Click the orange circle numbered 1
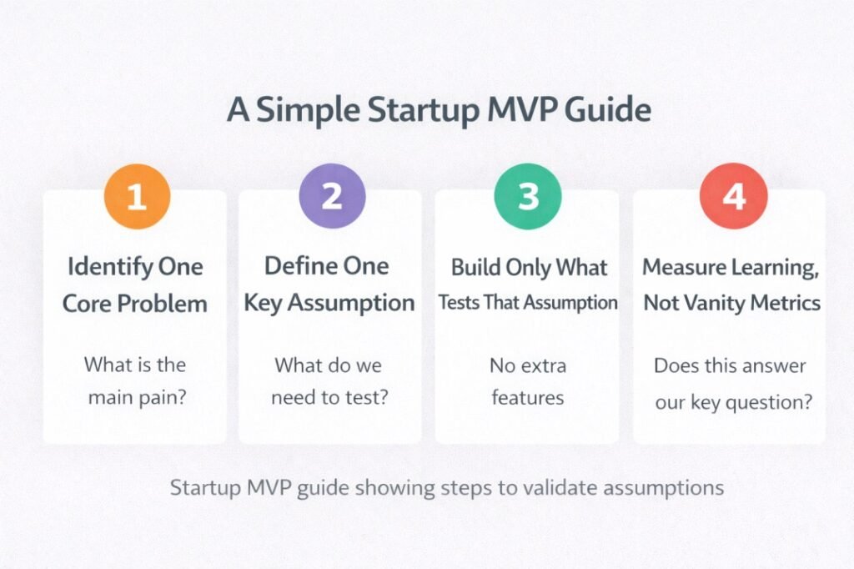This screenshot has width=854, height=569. (x=137, y=197)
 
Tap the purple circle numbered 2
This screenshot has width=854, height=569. (x=332, y=197)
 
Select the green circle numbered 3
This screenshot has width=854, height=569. (x=528, y=197)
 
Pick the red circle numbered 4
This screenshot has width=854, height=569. (x=732, y=197)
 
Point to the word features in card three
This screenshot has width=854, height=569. (x=527, y=397)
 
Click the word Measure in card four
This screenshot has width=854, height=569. (x=681, y=267)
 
